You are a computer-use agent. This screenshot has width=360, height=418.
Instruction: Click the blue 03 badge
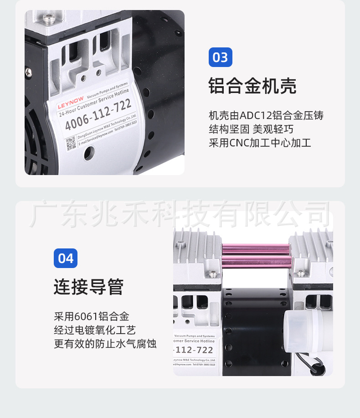pyautogui.click(x=221, y=57)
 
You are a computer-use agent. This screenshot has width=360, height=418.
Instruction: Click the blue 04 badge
pyautogui.click(x=66, y=258)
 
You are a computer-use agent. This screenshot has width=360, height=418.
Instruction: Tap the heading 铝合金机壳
pyautogui.click(x=252, y=86)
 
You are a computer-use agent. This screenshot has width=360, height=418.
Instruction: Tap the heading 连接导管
pyautogui.click(x=88, y=287)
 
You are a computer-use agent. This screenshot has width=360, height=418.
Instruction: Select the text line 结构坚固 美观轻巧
pyautogui.click(x=251, y=129)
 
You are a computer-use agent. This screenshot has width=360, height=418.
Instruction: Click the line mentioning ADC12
pyautogui.click(x=266, y=115)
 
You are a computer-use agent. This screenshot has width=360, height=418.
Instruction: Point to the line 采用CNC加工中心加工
pyautogui.click(x=260, y=143)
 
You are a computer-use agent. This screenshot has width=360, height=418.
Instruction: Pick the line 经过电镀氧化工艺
pyautogui.click(x=95, y=330)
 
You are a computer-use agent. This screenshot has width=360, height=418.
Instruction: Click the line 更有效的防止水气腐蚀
pyautogui.click(x=105, y=344)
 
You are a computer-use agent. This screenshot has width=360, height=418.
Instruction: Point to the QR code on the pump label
pyautogui.click(x=71, y=143)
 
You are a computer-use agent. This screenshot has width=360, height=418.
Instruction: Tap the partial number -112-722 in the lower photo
pyautogui.click(x=194, y=350)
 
